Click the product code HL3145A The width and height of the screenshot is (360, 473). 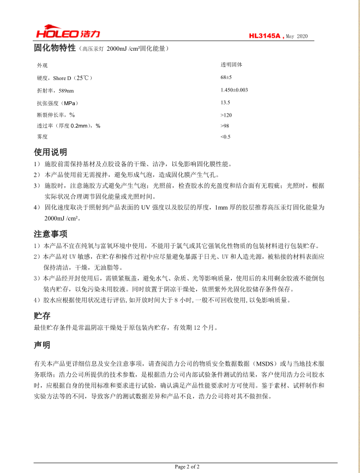click(265, 36)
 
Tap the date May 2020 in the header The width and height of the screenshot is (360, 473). click(297, 36)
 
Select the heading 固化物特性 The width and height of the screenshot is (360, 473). click(54, 48)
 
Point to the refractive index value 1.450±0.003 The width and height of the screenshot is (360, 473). click(234, 90)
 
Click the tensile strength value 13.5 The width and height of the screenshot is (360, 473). click(225, 102)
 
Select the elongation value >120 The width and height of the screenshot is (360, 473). click(226, 115)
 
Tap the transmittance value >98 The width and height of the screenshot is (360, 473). click(225, 126)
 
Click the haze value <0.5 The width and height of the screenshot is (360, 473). click(225, 137)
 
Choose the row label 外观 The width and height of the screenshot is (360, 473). click(42, 65)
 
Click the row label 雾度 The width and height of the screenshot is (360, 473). click(42, 137)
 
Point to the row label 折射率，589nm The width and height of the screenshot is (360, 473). click(55, 90)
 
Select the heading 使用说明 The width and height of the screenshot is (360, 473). click(50, 152)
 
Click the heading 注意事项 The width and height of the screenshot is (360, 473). click(50, 234)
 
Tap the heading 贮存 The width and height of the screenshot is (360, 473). click(42, 316)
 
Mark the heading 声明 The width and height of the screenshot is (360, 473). click(42, 345)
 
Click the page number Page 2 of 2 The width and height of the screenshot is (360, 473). click(187, 466)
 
